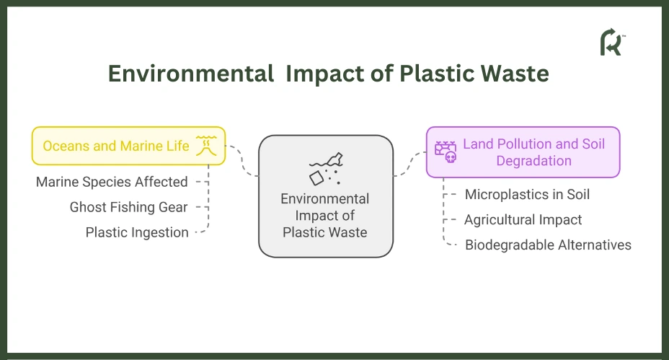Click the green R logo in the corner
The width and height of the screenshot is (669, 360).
click(612, 43)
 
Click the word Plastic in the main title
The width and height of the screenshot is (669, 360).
click(438, 74)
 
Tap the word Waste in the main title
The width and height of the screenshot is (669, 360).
click(515, 74)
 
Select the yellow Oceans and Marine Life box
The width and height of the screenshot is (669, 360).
click(128, 146)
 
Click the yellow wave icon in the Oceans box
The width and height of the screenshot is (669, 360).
click(206, 146)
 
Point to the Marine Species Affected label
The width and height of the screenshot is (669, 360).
click(112, 182)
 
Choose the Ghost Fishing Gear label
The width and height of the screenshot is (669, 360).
click(128, 207)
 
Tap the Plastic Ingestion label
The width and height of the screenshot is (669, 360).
click(137, 232)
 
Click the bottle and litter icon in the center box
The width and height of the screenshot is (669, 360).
click(326, 169)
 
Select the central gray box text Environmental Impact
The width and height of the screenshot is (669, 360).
click(325, 207)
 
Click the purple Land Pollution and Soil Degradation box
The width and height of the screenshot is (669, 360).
click(523, 152)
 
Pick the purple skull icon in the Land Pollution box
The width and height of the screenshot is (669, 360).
click(446, 152)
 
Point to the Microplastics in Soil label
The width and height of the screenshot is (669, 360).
click(528, 194)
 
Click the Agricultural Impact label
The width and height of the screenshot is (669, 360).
click(523, 219)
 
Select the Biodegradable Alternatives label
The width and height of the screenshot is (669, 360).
click(549, 245)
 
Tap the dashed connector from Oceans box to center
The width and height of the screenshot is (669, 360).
click(242, 161)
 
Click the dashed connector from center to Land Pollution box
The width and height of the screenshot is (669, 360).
click(410, 164)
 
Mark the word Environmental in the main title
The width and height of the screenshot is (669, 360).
click(191, 74)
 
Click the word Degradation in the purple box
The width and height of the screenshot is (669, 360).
click(533, 161)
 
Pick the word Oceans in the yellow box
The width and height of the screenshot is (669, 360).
click(66, 146)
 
